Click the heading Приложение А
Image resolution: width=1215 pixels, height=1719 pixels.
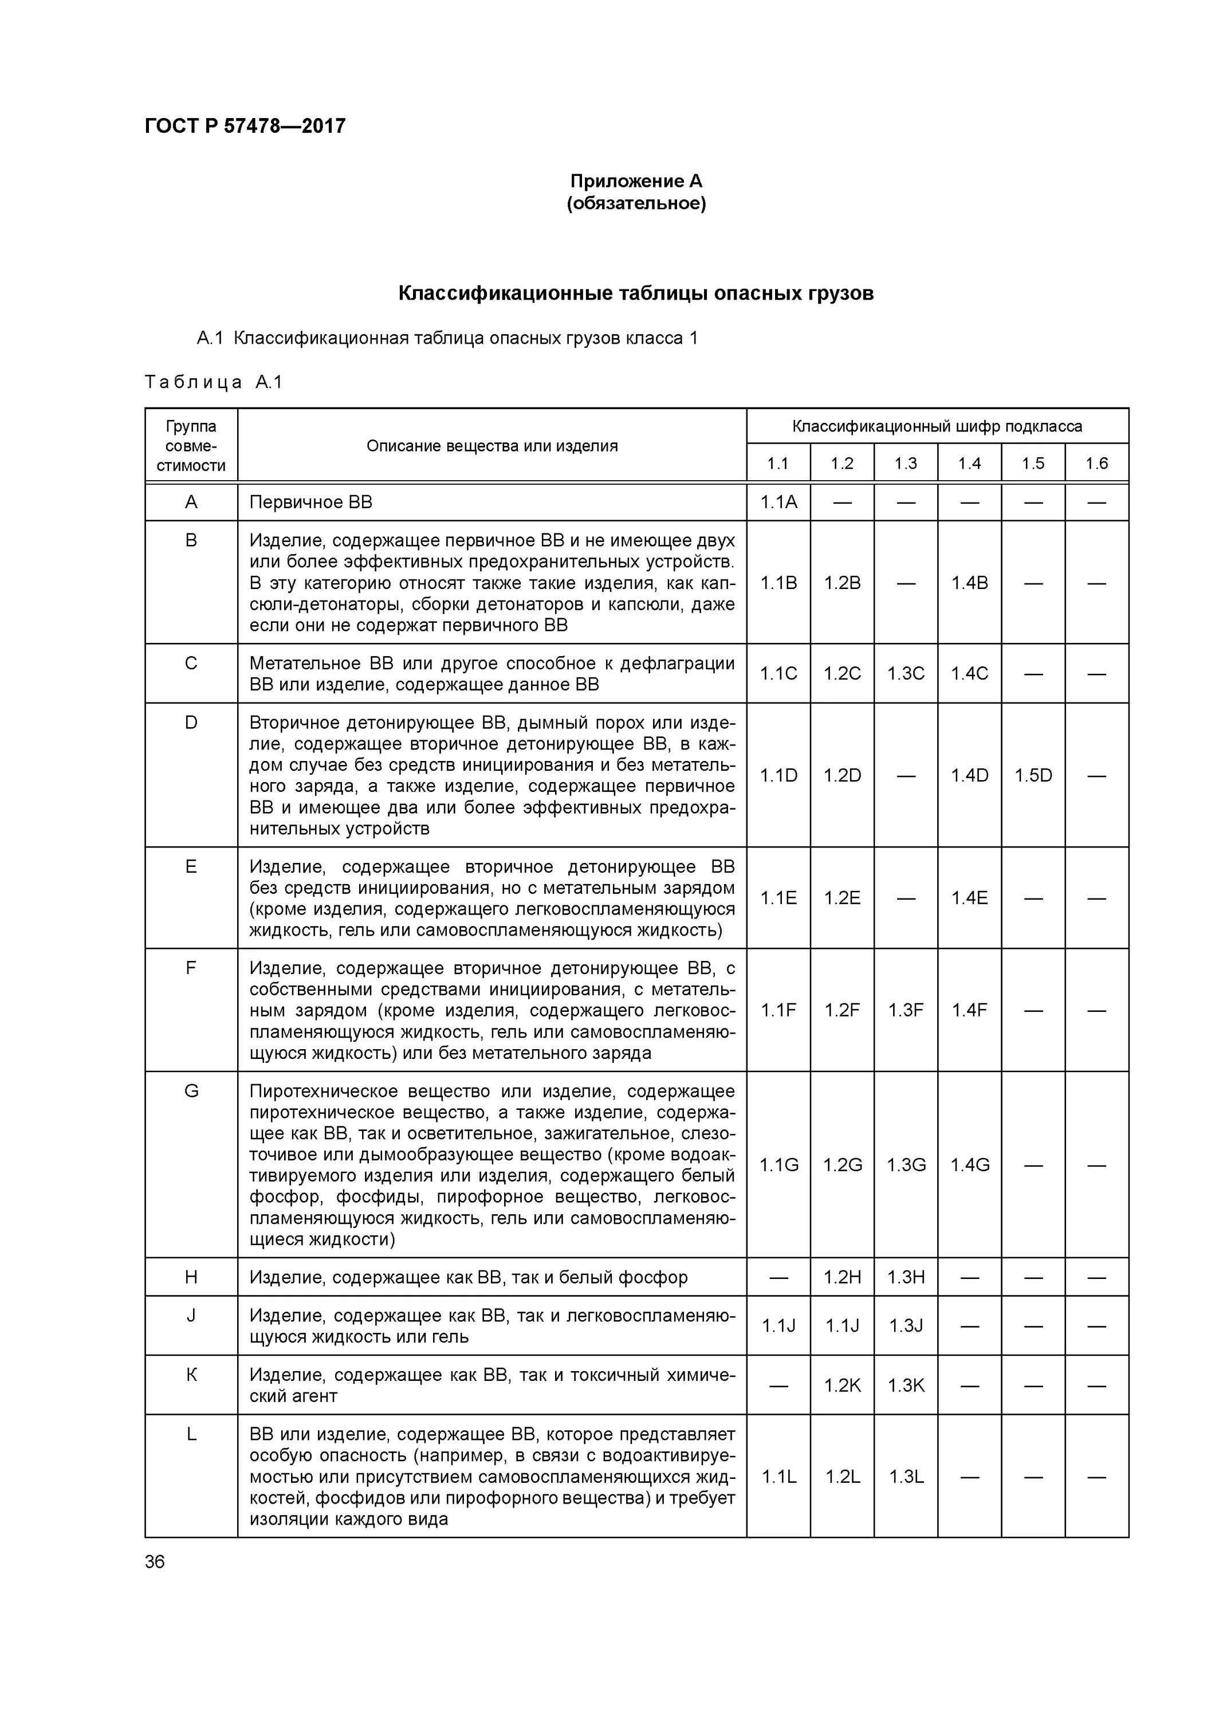[x=636, y=181]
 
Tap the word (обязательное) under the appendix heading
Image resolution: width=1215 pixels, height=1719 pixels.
[x=636, y=203]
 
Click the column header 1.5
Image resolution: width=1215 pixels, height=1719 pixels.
[x=1032, y=464]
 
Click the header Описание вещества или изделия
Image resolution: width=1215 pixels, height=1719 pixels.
[x=492, y=446]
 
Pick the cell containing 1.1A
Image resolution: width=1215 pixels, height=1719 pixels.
[x=778, y=503]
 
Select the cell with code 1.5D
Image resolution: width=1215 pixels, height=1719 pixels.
[x=1033, y=776]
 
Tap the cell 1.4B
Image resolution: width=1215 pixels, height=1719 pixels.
[x=969, y=583]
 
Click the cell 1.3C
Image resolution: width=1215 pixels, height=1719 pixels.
[x=906, y=674]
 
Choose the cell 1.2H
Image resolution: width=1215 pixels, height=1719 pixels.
[x=842, y=1277]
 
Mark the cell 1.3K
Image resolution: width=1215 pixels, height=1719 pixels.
[x=906, y=1386]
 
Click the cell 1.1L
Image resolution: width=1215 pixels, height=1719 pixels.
[x=778, y=1477]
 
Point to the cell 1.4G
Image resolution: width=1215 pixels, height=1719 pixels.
[x=969, y=1165]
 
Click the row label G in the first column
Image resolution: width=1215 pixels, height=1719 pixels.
[x=191, y=1092]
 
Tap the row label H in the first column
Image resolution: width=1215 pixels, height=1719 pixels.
[x=191, y=1277]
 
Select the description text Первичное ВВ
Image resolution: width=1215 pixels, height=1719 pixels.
[x=310, y=503]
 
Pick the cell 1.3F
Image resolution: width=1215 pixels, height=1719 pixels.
[x=906, y=1011]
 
